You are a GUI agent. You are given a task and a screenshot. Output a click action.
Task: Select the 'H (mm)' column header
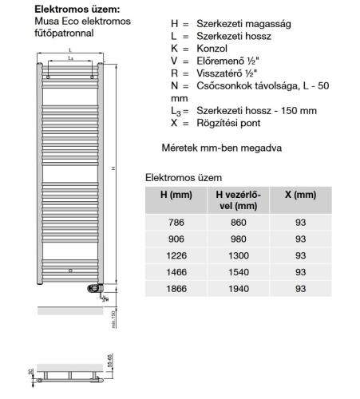pyautogui.click(x=175, y=195)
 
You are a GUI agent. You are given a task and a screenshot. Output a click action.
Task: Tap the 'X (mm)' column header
pyautogui.click(x=300, y=195)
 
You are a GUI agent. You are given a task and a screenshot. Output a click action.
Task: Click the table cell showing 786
pyautogui.click(x=175, y=222)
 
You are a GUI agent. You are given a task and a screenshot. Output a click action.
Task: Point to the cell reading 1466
pyautogui.click(x=175, y=272)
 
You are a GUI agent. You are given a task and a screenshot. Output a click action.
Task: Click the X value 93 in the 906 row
pyautogui.click(x=300, y=239)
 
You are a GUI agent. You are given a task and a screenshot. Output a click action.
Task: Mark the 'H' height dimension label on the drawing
pyautogui.click(x=114, y=168)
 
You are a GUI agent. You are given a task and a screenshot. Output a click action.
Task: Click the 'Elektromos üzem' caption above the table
pyautogui.click(x=184, y=177)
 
